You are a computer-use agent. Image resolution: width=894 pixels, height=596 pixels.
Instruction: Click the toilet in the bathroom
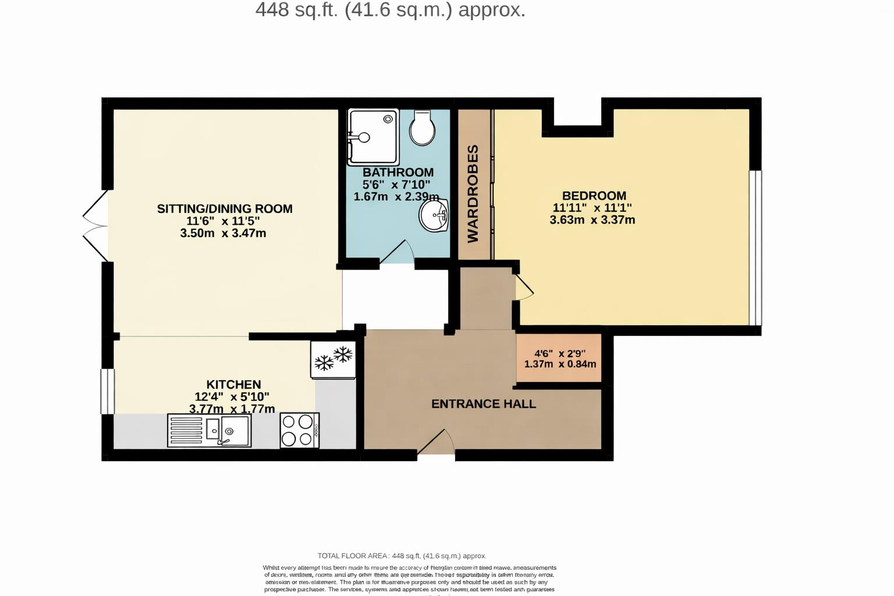coord(422,128)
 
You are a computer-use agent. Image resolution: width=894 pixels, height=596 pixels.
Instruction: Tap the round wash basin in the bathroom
coord(434,215)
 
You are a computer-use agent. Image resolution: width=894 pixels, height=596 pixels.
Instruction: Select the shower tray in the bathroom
coord(372,137)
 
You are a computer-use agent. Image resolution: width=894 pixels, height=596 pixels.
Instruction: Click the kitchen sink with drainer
coord(210,430)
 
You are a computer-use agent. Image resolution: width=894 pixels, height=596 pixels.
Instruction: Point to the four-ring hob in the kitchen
coord(299,430)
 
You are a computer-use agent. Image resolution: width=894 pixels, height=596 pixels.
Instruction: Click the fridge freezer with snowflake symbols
coord(334,359)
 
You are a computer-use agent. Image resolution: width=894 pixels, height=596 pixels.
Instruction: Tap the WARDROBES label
coord(473,194)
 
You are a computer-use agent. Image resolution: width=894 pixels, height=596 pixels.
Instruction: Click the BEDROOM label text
coord(594,196)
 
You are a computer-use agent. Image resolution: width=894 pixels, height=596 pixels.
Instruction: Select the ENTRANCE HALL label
coord(483,404)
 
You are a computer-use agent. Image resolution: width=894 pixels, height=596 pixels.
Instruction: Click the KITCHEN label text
coord(233,384)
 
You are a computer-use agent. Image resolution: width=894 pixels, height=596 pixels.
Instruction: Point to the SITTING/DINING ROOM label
coord(225,208)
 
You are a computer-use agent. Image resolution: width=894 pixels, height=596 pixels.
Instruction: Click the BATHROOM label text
coord(398,172)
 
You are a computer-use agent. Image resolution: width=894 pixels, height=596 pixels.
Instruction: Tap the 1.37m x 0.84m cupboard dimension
coord(560,364)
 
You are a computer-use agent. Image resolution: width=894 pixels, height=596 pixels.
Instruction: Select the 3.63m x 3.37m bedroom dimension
coord(592,220)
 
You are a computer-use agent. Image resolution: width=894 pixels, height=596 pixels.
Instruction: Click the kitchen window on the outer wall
coord(107,391)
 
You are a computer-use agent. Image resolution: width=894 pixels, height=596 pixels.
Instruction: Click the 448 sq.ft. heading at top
coord(390,10)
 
